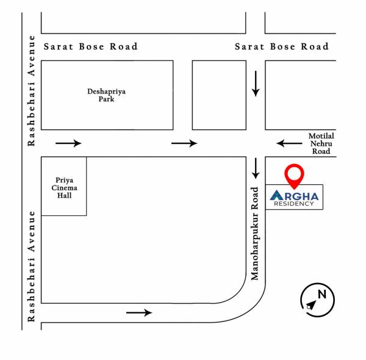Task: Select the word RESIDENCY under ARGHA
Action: pyautogui.click(x=295, y=204)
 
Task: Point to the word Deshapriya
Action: pyautogui.click(x=106, y=92)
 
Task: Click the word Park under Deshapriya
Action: pyautogui.click(x=106, y=99)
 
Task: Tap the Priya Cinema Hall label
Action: pyautogui.click(x=63, y=187)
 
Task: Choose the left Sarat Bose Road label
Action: pyautogui.click(x=90, y=46)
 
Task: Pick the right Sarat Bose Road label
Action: pyautogui.click(x=281, y=46)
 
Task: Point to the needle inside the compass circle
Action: pyautogui.click(x=311, y=304)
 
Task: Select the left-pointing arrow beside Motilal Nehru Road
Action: pyautogui.click(x=289, y=144)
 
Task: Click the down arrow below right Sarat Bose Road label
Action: pyautogui.click(x=256, y=83)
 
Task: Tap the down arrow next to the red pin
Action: pyautogui.click(x=256, y=167)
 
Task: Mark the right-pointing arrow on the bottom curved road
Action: pyautogui.click(x=139, y=312)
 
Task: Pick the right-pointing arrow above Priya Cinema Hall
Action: pyautogui.click(x=68, y=143)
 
